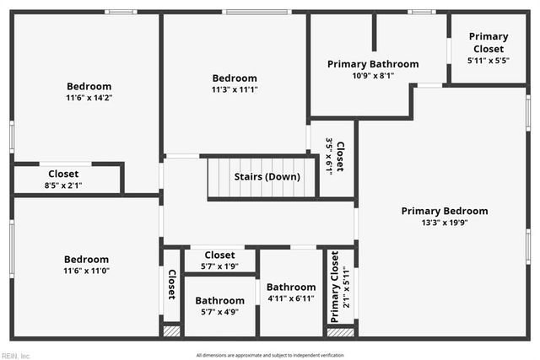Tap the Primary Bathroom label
point(373,64)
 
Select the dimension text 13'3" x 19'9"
point(445,223)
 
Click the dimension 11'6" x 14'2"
point(89,98)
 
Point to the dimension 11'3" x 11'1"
point(235,89)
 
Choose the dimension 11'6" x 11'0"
point(87,271)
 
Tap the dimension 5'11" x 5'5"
point(489,61)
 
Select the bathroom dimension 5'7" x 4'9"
point(219,311)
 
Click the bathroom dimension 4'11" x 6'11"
point(291,298)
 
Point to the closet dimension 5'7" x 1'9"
point(219,266)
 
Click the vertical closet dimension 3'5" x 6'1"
point(330,156)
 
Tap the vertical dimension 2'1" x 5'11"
point(345,292)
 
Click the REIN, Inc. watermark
point(15,355)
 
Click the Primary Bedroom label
point(445,211)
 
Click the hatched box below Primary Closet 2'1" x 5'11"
point(340,331)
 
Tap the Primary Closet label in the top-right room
point(489,42)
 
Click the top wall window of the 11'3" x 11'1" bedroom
point(256,12)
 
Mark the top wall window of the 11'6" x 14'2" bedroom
point(121,12)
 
